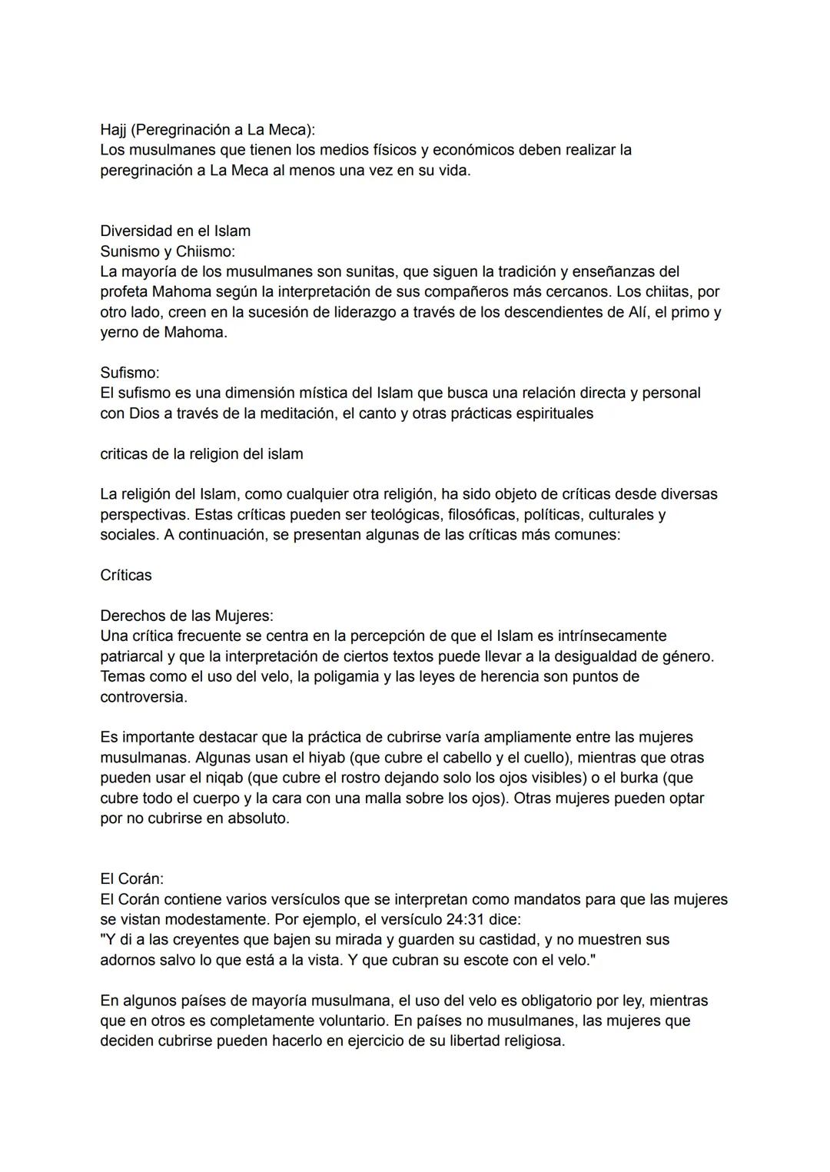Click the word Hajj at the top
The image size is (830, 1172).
[x=113, y=129]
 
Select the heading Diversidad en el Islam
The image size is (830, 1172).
[x=175, y=231]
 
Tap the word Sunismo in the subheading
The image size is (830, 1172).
[x=128, y=251]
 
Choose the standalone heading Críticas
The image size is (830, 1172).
[x=126, y=575]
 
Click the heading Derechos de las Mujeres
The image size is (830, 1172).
[x=187, y=616]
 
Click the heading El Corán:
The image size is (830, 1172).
[x=132, y=878]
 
